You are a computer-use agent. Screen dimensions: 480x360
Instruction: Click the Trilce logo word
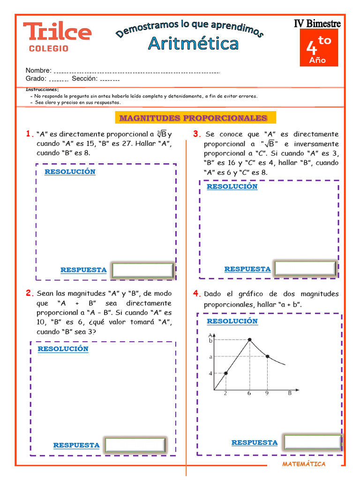[57, 31]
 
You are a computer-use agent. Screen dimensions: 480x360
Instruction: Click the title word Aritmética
[193, 44]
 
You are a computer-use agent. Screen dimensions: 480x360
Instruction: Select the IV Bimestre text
[317, 23]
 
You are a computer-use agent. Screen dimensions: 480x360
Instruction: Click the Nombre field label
[38, 70]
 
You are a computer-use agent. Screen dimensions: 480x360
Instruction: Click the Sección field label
[84, 79]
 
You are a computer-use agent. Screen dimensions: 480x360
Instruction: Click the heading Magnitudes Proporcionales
[193, 118]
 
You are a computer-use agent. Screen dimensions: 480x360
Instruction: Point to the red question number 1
[29, 134]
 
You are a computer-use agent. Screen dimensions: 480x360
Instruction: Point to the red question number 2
[29, 293]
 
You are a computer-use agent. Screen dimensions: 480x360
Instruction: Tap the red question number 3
[196, 135]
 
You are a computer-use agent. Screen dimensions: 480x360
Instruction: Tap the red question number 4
[196, 294]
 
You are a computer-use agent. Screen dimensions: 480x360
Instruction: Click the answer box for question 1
[143, 270]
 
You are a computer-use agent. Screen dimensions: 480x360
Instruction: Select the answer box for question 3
[305, 269]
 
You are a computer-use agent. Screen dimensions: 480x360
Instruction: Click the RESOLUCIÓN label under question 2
[63, 349]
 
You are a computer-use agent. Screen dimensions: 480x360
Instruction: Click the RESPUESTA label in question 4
[255, 442]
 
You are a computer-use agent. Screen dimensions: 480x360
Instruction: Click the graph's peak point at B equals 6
[249, 340]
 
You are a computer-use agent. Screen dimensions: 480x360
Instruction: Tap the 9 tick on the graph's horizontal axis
[267, 394]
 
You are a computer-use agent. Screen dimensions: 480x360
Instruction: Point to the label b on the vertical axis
[210, 341]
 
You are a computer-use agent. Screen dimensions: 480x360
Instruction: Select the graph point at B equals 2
[225, 373]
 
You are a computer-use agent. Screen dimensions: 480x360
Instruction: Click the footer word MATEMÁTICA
[304, 464]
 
